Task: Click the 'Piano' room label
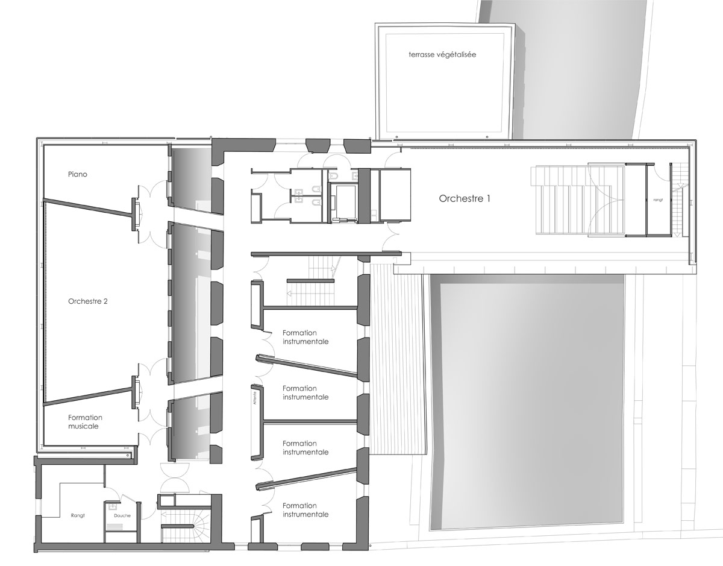click(x=78, y=174)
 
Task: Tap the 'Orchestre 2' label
click(x=88, y=301)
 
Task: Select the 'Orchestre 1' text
click(x=464, y=198)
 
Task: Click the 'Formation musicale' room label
click(x=85, y=422)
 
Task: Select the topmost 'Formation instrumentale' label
click(x=305, y=337)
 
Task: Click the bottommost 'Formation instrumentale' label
click(x=305, y=510)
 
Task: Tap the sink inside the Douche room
click(x=113, y=507)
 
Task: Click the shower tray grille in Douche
click(x=114, y=526)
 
